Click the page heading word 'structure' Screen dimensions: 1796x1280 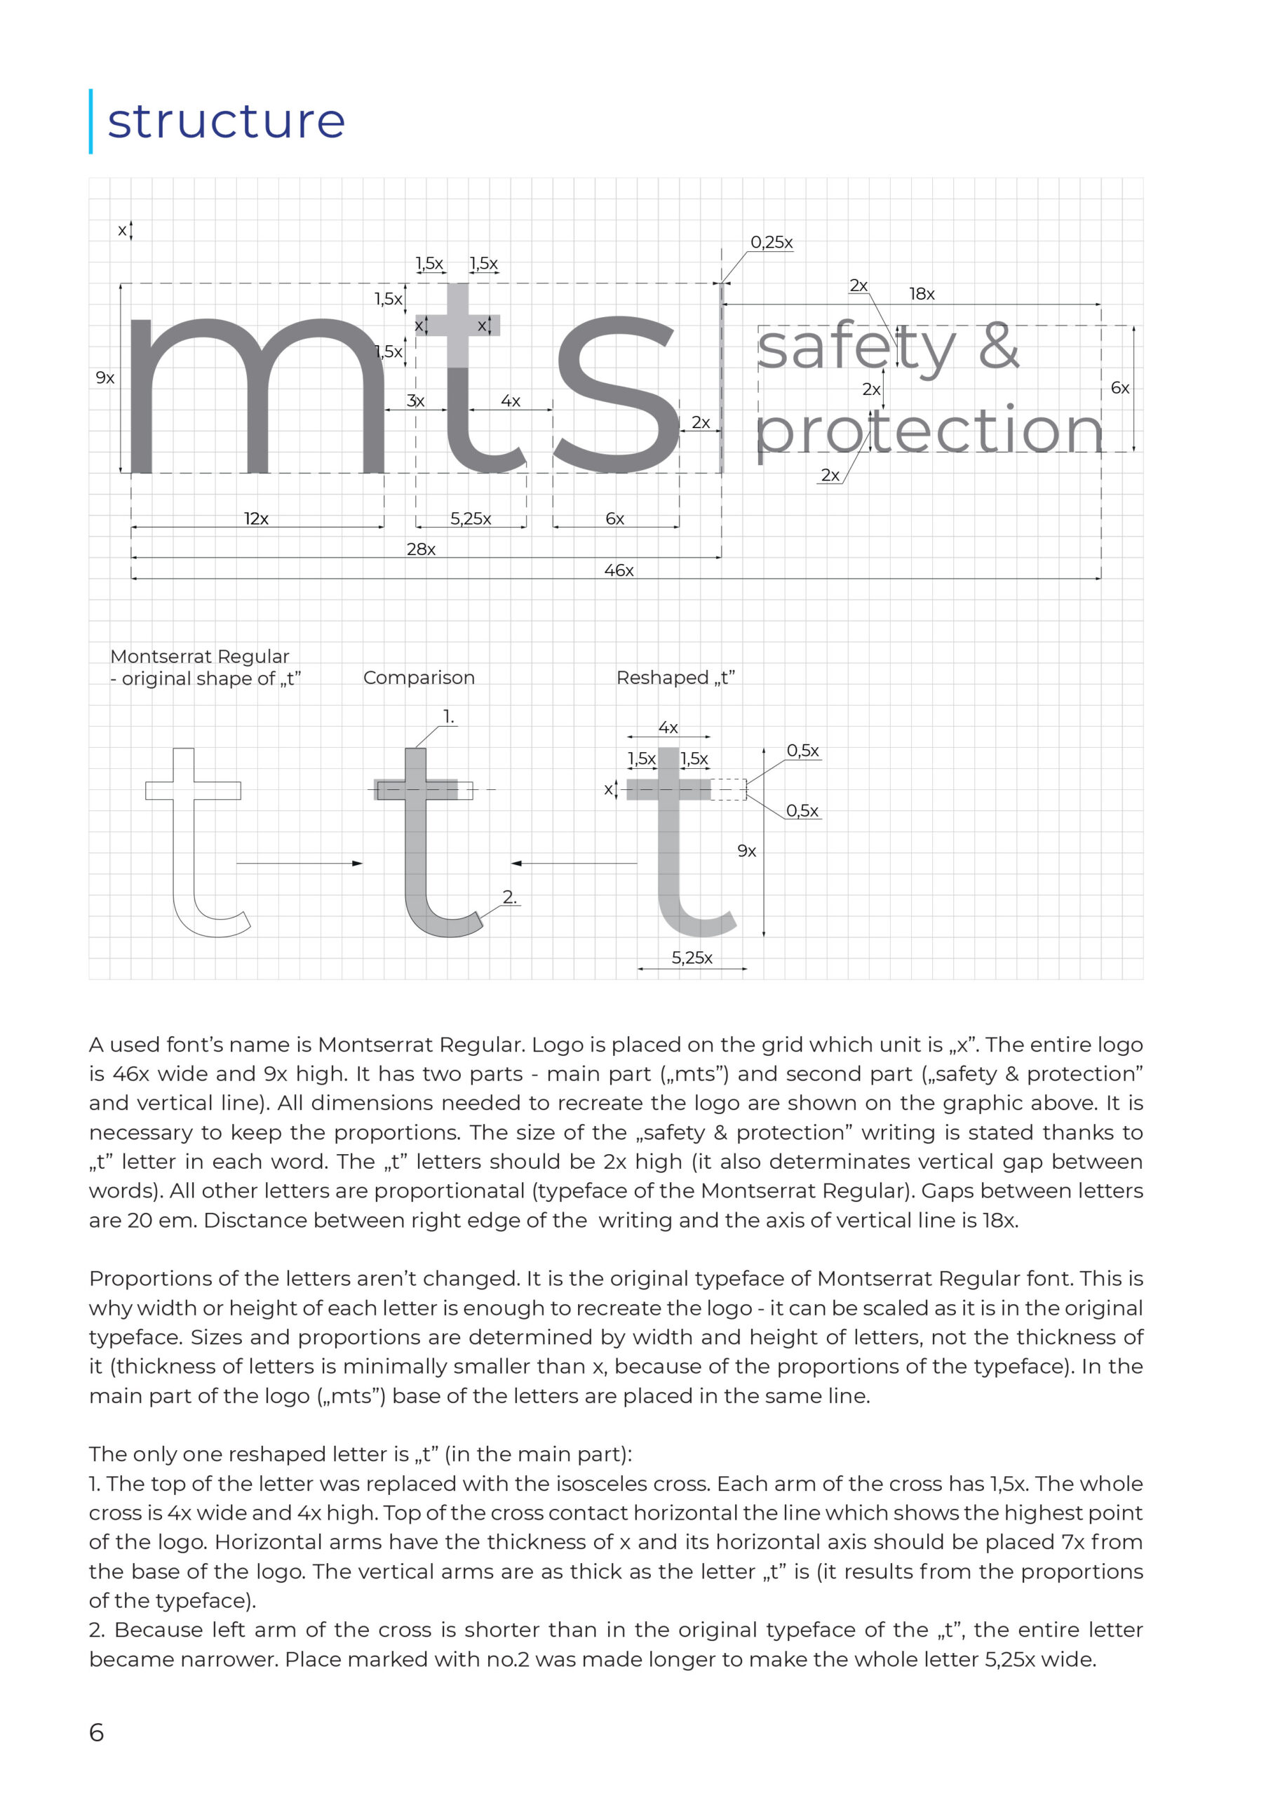pyautogui.click(x=227, y=121)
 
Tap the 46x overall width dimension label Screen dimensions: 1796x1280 pyautogui.click(x=619, y=570)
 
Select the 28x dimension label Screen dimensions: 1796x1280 pyautogui.click(x=421, y=549)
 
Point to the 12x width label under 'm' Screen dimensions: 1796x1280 pyautogui.click(x=256, y=518)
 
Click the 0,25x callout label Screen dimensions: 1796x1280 pyautogui.click(x=771, y=242)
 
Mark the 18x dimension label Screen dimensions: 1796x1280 pyautogui.click(x=922, y=294)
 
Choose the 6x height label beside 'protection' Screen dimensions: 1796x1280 pyautogui.click(x=1119, y=388)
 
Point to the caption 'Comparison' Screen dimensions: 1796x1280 pyautogui.click(x=419, y=678)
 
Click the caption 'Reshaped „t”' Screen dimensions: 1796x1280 pyautogui.click(x=675, y=678)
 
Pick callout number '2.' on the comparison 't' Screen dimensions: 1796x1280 pyautogui.click(x=510, y=897)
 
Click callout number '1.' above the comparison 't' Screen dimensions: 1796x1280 pyautogui.click(x=448, y=718)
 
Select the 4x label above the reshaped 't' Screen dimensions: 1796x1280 pyautogui.click(x=668, y=728)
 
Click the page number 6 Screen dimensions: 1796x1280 pyautogui.click(x=96, y=1732)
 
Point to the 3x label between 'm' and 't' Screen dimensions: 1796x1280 pyautogui.click(x=415, y=401)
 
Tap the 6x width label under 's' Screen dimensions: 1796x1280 pyautogui.click(x=615, y=518)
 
